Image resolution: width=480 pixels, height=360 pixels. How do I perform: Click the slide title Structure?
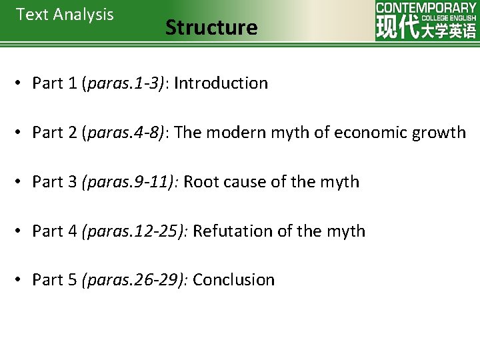coord(211,27)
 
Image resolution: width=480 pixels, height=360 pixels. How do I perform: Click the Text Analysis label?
coord(65,15)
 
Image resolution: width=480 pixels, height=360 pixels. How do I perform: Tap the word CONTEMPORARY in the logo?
coord(425,7)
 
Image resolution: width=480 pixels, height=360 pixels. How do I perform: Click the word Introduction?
coord(221,83)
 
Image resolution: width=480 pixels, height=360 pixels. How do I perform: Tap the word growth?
coord(438,133)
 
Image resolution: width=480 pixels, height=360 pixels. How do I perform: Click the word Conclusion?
coord(233,280)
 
